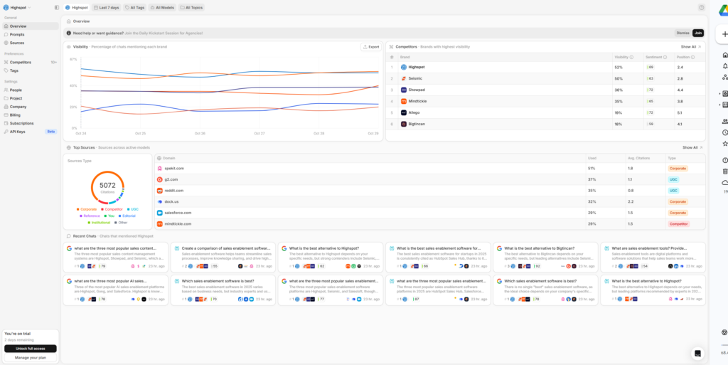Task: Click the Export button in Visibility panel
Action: click(371, 47)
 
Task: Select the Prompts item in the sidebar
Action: click(17, 34)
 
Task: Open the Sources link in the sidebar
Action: click(16, 43)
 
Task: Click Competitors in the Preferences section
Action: click(20, 62)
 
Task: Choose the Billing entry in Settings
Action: click(15, 115)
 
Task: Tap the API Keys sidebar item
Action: click(18, 132)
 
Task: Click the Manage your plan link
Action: click(31, 357)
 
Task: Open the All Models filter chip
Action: click(161, 7)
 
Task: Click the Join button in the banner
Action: click(698, 33)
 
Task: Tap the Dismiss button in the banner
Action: click(682, 33)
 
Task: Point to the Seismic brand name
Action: click(416, 78)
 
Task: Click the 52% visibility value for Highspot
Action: click(619, 67)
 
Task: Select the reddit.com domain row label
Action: click(174, 191)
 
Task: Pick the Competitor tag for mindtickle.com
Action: click(679, 223)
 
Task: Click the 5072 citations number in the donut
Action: click(107, 185)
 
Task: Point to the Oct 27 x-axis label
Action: click(259, 133)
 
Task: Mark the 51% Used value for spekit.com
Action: click(591, 169)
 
